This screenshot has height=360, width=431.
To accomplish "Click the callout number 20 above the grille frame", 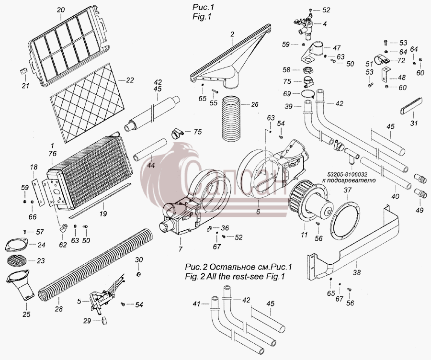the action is pyautogui.click(x=61, y=10).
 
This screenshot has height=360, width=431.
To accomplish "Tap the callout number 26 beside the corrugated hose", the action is pyautogui.click(x=255, y=104).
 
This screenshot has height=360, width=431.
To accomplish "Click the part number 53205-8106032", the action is pyautogui.click(x=347, y=175).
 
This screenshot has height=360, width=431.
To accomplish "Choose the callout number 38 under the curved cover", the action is pyautogui.click(x=357, y=272).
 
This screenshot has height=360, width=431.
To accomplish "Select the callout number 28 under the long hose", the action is pyautogui.click(x=58, y=309).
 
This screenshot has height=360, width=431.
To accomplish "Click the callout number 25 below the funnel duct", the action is pyautogui.click(x=26, y=314).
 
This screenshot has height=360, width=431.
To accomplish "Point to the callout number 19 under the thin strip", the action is pyautogui.click(x=103, y=214).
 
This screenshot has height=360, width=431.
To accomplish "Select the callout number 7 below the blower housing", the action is pyautogui.click(x=181, y=249).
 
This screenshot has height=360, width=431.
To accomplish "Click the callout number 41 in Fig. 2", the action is pyautogui.click(x=196, y=304).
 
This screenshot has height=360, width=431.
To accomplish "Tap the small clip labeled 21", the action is pyautogui.click(x=24, y=71).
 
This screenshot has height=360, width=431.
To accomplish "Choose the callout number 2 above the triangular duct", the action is pyautogui.click(x=232, y=34).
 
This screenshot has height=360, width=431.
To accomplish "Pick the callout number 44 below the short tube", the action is pyautogui.click(x=151, y=165).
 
